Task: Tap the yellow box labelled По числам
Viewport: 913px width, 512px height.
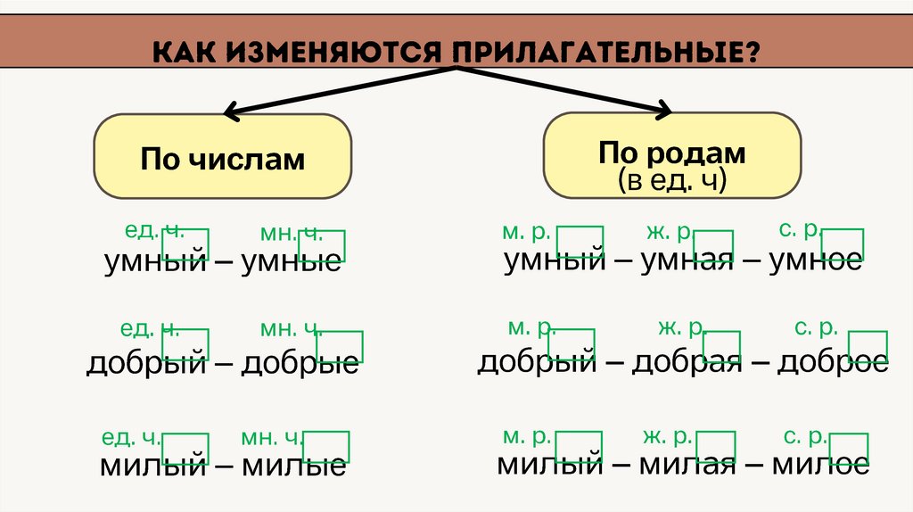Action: tap(222, 159)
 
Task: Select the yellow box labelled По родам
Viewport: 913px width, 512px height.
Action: tap(672, 155)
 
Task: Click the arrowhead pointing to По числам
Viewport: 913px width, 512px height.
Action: tap(230, 113)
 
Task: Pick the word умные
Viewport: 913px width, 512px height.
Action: tap(291, 261)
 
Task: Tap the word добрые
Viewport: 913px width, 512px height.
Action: tap(300, 363)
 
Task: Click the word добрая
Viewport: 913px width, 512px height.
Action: tap(687, 362)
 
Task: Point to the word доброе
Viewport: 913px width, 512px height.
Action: tap(833, 362)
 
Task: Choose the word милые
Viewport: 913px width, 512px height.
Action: tap(294, 465)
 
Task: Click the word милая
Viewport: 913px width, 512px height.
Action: tap(686, 464)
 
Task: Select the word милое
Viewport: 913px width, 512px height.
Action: tap(820, 464)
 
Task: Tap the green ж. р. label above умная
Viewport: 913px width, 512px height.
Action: tap(668, 233)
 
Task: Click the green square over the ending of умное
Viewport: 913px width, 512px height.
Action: tap(843, 244)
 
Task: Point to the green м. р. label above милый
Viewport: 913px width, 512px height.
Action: tap(525, 437)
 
